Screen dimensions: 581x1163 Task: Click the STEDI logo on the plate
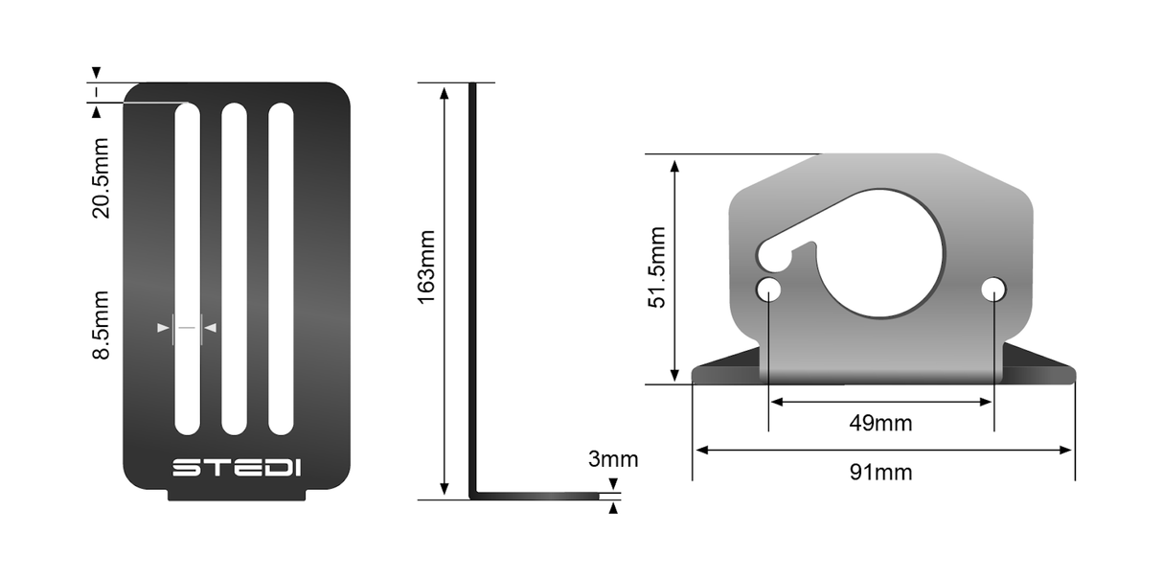(236, 468)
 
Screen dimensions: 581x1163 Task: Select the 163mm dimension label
(426, 267)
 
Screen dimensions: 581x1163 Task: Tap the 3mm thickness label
(612, 459)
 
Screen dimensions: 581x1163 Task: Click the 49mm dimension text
(880, 423)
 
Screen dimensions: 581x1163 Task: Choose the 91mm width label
(880, 472)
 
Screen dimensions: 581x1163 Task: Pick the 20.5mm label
(101, 177)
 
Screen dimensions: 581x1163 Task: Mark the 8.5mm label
(101, 326)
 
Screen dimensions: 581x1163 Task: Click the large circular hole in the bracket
(880, 253)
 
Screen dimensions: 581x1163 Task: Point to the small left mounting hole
(769, 289)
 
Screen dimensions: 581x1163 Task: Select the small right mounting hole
(993, 288)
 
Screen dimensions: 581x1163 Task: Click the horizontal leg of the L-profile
(536, 496)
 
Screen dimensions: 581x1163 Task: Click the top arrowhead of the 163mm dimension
(444, 93)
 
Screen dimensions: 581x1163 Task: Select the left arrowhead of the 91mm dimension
(701, 449)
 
